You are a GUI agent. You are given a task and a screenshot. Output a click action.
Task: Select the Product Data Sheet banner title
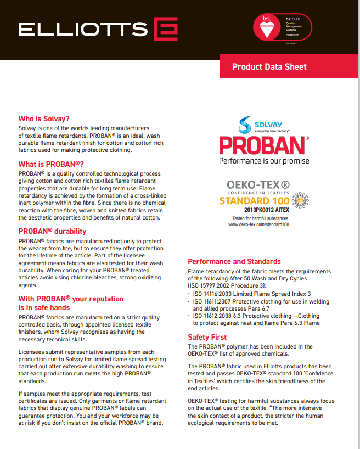pos(269,67)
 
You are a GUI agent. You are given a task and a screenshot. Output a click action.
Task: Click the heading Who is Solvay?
pos(44,119)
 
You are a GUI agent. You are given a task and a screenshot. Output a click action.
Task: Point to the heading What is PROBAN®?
pos(51,164)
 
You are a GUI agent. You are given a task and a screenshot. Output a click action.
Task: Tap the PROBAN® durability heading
pos(53,231)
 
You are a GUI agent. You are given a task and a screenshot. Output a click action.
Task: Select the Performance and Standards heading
pos(234,261)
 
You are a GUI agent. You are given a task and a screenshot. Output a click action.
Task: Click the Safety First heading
pos(207,337)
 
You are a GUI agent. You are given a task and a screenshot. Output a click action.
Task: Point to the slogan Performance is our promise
pos(264,161)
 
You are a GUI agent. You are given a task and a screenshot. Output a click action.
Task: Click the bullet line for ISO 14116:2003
pos(252,294)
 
